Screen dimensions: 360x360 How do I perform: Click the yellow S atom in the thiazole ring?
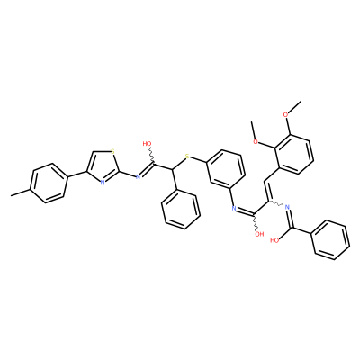point(112,151)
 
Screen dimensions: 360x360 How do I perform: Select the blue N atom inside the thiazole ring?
point(103,182)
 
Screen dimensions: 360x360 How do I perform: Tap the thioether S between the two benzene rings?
point(187,156)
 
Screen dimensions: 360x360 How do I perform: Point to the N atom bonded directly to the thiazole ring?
point(138,176)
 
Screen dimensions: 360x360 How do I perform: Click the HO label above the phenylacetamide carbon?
point(147,144)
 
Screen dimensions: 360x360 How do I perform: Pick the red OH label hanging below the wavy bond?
point(259,234)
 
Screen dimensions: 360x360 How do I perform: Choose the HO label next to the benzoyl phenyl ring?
point(274,239)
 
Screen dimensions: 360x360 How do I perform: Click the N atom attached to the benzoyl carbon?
point(287,207)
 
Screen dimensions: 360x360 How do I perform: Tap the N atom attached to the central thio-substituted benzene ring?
point(234,207)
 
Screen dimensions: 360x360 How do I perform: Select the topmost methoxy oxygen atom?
point(286,114)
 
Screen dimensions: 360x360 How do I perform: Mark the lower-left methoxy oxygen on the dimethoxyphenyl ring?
point(256,141)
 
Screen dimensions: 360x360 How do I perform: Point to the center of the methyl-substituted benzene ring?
point(48,184)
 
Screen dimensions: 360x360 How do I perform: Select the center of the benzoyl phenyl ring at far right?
point(330,240)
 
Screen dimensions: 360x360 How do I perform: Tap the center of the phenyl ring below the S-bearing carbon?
point(180,210)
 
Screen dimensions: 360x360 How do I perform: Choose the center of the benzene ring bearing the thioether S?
point(225,169)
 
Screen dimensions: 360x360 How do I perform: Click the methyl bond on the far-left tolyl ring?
point(21,193)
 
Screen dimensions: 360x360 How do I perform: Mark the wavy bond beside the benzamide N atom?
point(275,203)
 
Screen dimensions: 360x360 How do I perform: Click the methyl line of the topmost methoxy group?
point(295,106)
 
